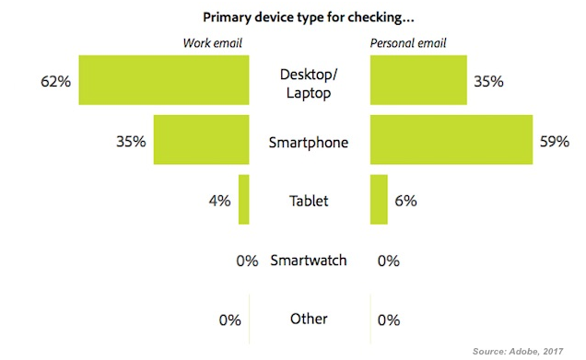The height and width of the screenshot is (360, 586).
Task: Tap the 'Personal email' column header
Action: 406,43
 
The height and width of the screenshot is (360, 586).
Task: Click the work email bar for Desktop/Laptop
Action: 163,80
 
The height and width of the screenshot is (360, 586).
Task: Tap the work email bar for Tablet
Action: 243,199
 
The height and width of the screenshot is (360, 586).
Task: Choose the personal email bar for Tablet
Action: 378,199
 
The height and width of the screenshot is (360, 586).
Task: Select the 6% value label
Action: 406,200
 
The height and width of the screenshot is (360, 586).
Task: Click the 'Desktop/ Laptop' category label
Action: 309,81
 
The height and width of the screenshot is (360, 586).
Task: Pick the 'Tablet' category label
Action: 309,200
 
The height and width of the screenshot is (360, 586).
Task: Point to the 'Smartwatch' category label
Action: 309,260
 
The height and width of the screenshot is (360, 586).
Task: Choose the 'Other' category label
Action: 309,319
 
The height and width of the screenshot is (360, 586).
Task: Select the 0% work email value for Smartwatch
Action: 246,261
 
